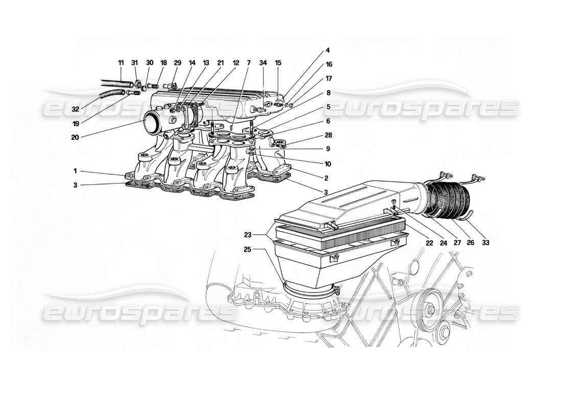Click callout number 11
pos(121,63)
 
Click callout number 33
pos(485,243)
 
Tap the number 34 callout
pos(263,63)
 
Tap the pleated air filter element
pos(337,225)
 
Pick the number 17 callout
pos(329,79)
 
